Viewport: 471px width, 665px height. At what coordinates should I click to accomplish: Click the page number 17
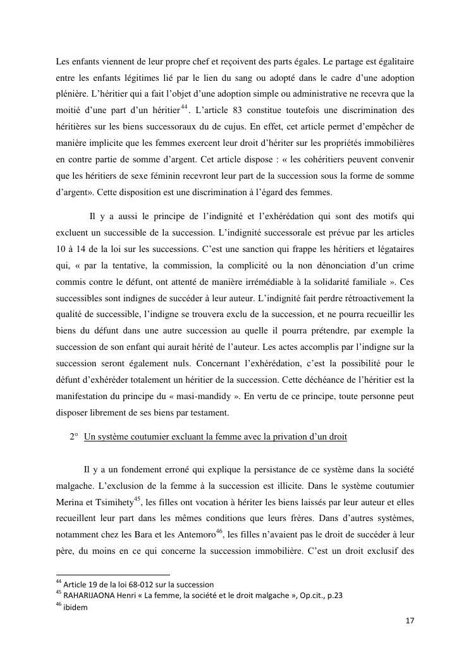pyautogui.click(x=410, y=621)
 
